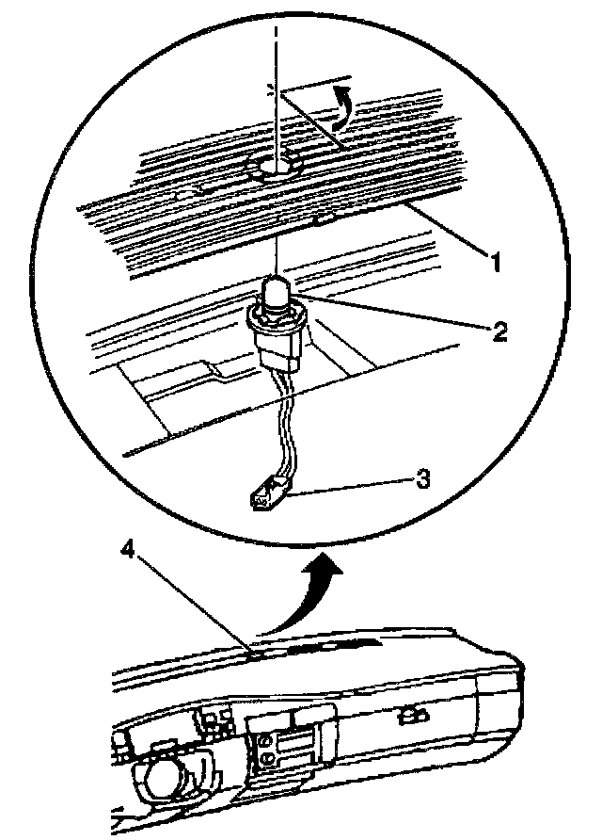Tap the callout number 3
pyautogui.click(x=425, y=479)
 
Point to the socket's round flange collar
pyautogui.click(x=275, y=316)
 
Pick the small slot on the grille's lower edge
pyautogui.click(x=327, y=220)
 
